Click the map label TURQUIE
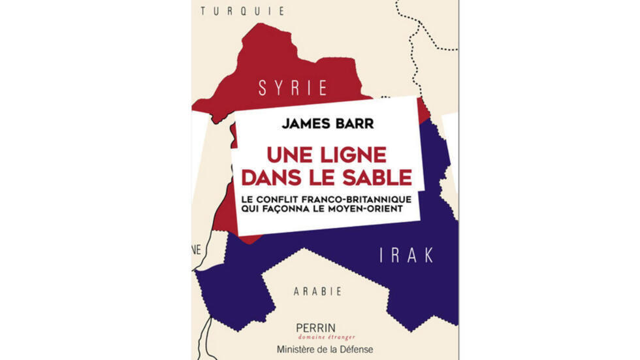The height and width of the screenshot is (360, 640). (x=243, y=10)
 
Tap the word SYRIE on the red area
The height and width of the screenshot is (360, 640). (x=293, y=89)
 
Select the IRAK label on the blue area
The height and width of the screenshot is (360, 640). (x=407, y=255)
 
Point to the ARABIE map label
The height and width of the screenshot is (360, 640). (x=317, y=291)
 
